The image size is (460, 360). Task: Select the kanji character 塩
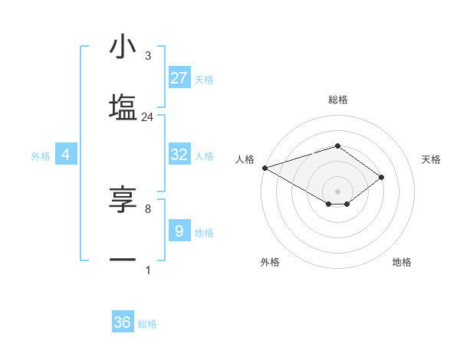pos(123,106)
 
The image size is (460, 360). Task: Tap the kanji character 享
pos(123,200)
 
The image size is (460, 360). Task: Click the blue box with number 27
pos(179,77)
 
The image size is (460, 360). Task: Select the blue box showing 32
pos(179,155)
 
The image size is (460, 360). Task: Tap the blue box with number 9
pos(179,231)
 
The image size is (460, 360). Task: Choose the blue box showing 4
pos(66,155)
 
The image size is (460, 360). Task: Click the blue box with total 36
pos(123,322)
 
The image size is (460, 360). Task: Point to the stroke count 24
pos(147,117)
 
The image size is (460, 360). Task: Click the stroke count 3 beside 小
pos(147,56)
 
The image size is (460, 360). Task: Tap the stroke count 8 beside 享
pos(147,208)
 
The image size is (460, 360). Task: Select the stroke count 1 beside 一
pos(147,270)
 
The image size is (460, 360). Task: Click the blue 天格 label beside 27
pos(204,79)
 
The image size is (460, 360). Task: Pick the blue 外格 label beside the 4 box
pos(41,155)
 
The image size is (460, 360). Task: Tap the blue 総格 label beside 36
pos(147,324)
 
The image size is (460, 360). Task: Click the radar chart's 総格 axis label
pos(337,100)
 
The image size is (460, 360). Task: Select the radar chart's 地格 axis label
pos(402,262)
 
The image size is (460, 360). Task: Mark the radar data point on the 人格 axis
pos(264,167)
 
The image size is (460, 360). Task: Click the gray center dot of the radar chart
pos(337,190)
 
